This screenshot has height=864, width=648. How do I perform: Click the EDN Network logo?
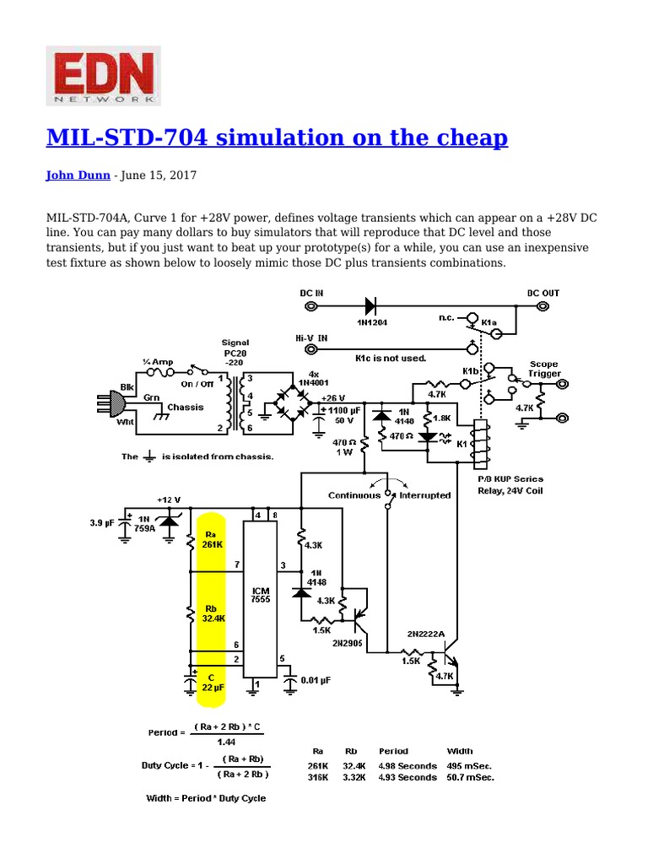pos(102,76)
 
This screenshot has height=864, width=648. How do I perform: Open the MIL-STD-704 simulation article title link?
pos(277,138)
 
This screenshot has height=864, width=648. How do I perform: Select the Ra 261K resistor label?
pos(213,539)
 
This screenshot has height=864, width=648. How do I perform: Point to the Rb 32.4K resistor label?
pos(213,613)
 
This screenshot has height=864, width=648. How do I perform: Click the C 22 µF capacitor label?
pos(212,682)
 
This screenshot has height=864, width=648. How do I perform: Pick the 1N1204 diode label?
pos(369,321)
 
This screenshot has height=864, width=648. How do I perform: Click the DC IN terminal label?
pos(311,293)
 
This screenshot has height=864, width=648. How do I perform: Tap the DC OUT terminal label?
pos(543,293)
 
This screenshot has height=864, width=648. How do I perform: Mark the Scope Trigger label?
pos(544,368)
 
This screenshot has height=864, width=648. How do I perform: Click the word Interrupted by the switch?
pos(425,495)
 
